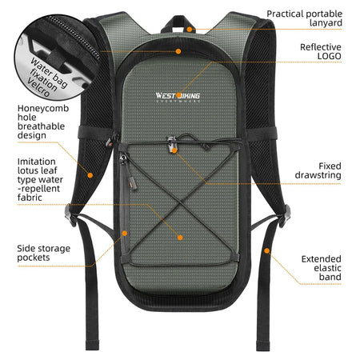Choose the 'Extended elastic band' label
pos(321,268)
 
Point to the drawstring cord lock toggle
pos(174,147)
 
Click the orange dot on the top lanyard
pos(190,28)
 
